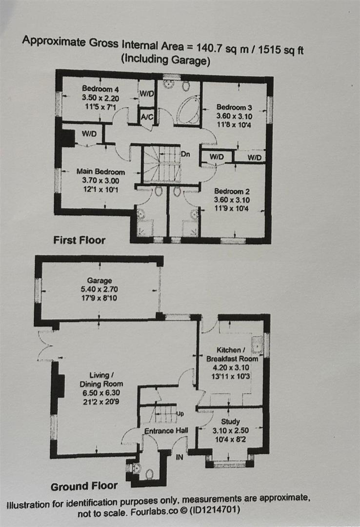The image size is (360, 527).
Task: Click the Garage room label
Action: [100, 281]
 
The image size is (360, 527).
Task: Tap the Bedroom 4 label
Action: [100, 89]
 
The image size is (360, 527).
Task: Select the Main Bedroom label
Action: [100, 172]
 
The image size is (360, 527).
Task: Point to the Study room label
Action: [230, 422]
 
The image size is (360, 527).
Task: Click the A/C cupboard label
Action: [146, 118]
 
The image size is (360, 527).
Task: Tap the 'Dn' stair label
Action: [185, 154]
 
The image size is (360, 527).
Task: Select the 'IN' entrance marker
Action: [179, 458]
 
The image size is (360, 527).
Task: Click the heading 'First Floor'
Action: [79, 240]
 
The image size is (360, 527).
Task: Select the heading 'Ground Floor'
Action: [84, 486]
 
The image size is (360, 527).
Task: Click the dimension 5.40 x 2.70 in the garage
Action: [100, 289]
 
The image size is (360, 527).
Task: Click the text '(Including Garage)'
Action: [165, 61]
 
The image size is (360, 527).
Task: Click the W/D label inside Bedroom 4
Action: [146, 93]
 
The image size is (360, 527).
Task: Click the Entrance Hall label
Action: [166, 430]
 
